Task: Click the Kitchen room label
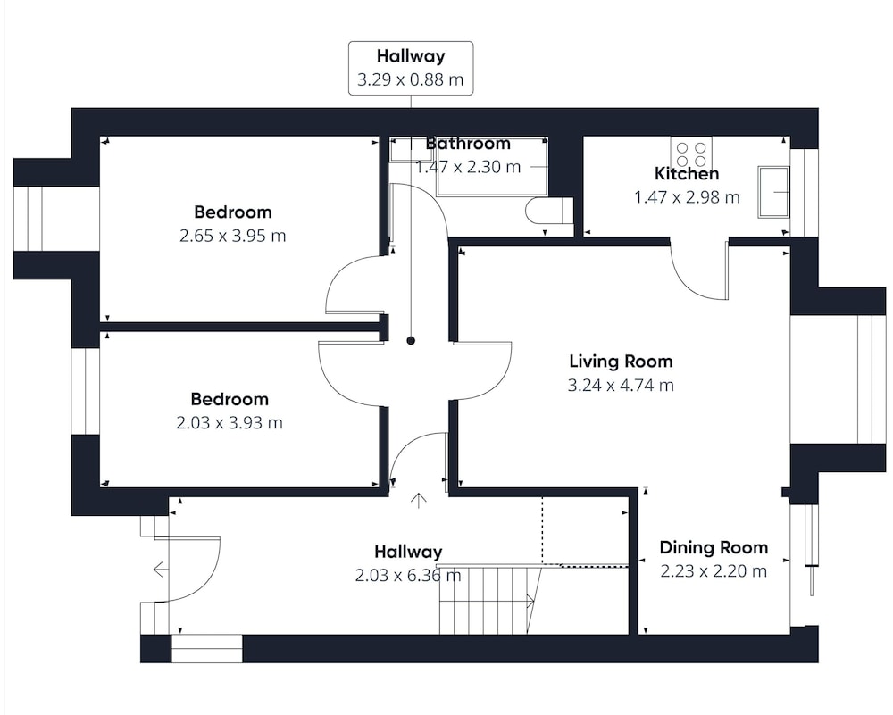coord(686,174)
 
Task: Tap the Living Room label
coord(621,362)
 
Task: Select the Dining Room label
coord(714,548)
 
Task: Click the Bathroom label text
coord(468,144)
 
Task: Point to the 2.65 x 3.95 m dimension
coord(232,236)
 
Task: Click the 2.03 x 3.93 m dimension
coord(229,423)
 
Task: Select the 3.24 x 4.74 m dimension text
coord(621,386)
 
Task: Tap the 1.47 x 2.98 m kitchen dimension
coord(687,197)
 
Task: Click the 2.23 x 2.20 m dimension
coord(714,571)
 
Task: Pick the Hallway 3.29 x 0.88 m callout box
coord(411,68)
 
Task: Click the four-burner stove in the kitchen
coord(691,154)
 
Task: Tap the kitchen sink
coord(773,192)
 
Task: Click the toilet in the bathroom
coord(549,210)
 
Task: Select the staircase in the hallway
coord(488,600)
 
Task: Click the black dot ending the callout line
coord(411,341)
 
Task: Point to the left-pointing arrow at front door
coord(160,570)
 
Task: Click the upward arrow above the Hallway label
coord(419,501)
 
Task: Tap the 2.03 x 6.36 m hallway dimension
coord(408,576)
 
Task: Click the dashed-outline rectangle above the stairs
coord(585,532)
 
